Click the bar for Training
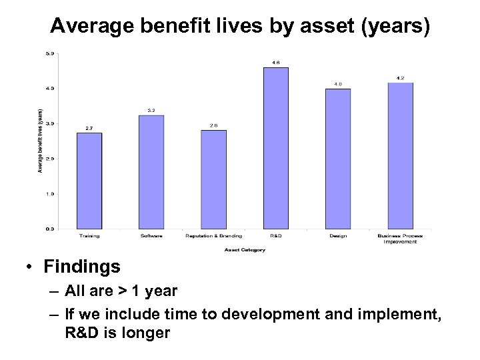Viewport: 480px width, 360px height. (89, 181)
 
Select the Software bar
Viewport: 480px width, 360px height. (151, 172)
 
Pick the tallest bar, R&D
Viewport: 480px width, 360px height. (276, 148)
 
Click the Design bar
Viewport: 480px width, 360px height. (338, 159)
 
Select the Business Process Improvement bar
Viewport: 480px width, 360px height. (400, 155)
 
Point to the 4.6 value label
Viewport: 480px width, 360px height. (276, 63)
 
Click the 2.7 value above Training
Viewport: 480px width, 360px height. (89, 128)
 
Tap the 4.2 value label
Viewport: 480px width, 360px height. (400, 78)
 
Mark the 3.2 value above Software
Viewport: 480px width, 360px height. (151, 111)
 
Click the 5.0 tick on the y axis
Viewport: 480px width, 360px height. (50, 53)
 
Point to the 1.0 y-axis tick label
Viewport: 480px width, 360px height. (50, 194)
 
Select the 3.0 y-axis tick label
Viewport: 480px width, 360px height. (50, 124)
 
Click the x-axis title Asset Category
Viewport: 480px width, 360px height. (245, 250)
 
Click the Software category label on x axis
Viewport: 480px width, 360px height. (151, 236)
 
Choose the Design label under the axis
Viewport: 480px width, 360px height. (338, 236)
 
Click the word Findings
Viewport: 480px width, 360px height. (82, 267)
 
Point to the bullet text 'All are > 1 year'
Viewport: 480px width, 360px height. (122, 291)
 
